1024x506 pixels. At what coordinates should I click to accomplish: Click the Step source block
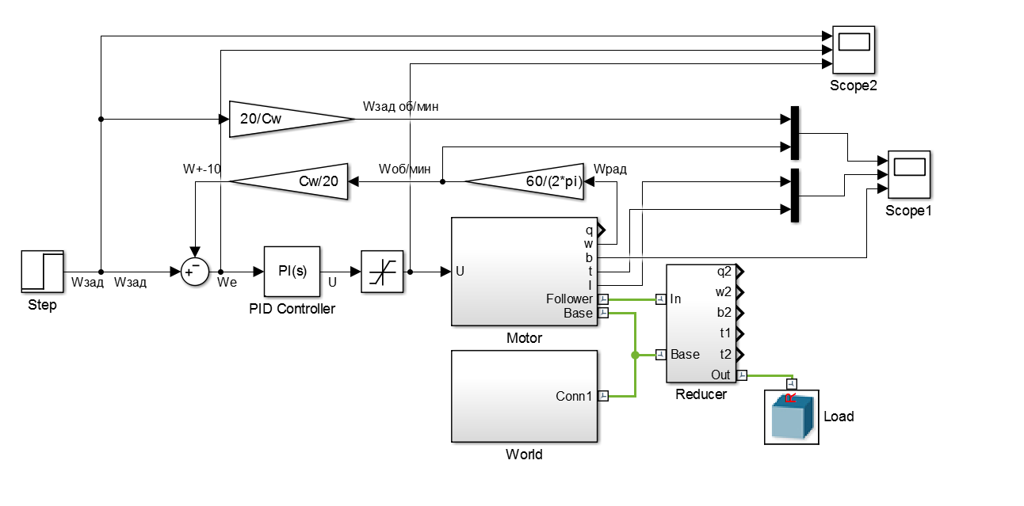point(42,271)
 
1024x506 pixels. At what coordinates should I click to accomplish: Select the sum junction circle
point(193,271)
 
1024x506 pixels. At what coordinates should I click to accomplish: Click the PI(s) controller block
point(292,271)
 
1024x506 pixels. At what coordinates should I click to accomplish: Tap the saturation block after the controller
point(382,271)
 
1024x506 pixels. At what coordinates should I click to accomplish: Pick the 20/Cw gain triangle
point(290,120)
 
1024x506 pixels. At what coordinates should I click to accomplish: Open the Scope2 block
point(854,49)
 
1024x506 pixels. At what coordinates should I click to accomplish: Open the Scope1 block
point(908,175)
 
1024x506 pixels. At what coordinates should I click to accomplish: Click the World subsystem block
point(524,395)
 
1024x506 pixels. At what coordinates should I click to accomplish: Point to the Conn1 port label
point(574,395)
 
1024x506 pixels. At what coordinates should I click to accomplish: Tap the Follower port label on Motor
point(569,299)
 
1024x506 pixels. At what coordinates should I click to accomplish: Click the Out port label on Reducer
point(720,375)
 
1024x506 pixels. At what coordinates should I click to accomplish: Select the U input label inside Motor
point(460,272)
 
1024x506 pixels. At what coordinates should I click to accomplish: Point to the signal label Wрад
point(609,169)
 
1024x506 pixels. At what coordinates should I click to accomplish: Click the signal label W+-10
point(202,168)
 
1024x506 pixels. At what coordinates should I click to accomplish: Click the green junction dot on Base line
point(634,355)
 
